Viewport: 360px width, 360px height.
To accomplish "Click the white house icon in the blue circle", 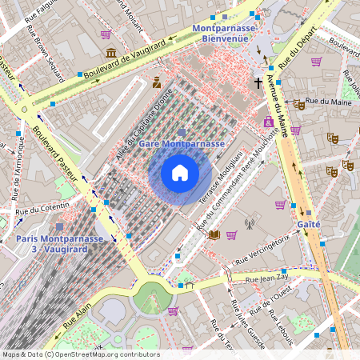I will click(x=180, y=173).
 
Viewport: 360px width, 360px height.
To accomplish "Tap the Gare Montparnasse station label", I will click(x=180, y=143).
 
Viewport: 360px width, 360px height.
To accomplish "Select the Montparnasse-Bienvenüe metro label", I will click(x=224, y=33).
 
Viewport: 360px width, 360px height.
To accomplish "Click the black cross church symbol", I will click(x=258, y=82).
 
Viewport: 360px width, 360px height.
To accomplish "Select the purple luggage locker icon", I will click(x=268, y=122).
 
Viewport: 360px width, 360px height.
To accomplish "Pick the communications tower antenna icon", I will click(x=248, y=224).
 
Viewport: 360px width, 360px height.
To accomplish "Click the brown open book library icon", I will click(x=214, y=234).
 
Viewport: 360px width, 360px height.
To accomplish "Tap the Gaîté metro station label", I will click(x=309, y=225).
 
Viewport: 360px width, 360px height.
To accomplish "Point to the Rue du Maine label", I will click(x=324, y=101).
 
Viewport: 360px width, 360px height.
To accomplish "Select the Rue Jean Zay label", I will click(x=265, y=279).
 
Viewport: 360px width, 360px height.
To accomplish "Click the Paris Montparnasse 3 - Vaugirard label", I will click(x=59, y=244).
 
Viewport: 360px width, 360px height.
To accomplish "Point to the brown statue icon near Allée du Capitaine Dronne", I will click(x=157, y=82).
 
